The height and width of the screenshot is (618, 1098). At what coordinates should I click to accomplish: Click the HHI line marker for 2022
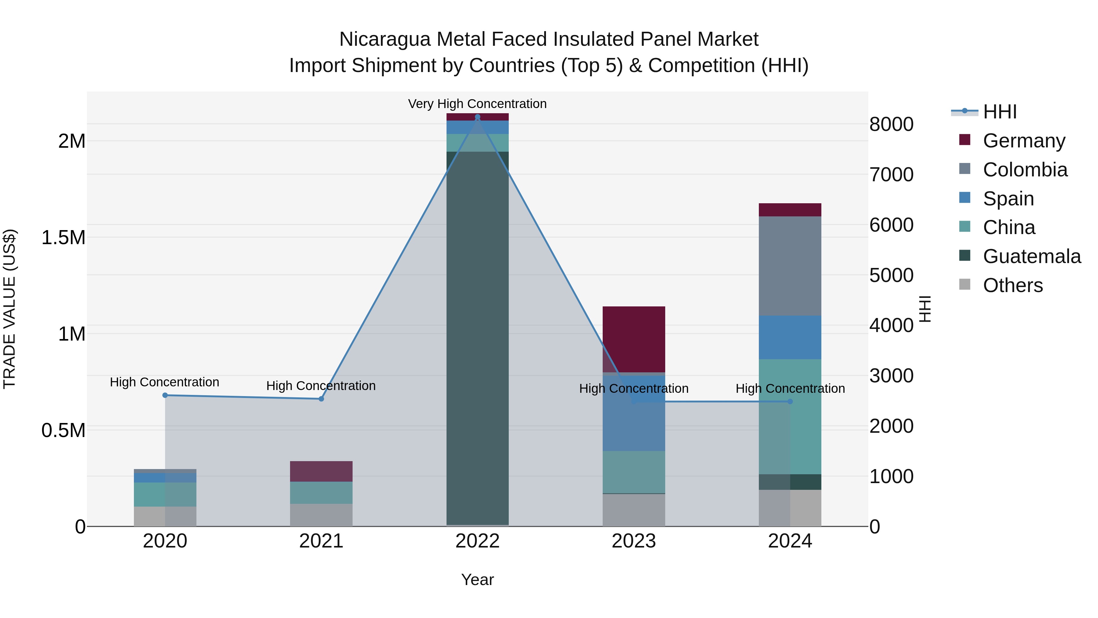click(x=477, y=117)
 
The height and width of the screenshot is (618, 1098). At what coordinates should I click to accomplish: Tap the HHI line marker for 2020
click(x=165, y=395)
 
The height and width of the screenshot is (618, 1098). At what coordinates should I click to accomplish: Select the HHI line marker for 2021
click(x=321, y=399)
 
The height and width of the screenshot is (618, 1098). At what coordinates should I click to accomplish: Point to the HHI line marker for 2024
click(x=790, y=401)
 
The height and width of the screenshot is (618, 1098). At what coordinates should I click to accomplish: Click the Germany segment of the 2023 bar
click(x=634, y=339)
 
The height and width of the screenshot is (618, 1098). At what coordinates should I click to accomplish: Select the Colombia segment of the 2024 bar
click(x=790, y=266)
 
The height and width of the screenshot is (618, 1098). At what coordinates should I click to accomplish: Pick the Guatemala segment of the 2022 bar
click(x=477, y=337)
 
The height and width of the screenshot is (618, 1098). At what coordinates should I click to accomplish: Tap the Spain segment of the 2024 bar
click(x=790, y=337)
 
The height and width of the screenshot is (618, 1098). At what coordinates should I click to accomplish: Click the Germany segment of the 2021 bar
click(x=321, y=471)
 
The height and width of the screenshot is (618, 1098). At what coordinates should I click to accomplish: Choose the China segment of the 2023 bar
click(x=634, y=472)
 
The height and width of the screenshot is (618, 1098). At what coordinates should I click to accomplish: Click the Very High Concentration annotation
click(x=477, y=104)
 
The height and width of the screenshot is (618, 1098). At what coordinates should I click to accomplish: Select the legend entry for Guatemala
click(x=1032, y=256)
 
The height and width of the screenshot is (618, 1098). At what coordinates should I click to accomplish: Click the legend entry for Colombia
click(x=1025, y=170)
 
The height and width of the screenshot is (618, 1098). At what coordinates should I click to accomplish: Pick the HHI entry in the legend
click(x=999, y=112)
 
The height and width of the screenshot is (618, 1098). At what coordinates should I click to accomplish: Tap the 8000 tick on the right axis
click(x=891, y=124)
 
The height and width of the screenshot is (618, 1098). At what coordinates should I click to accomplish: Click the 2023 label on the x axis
click(x=634, y=541)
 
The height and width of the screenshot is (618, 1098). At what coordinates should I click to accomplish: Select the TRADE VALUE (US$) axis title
click(x=9, y=309)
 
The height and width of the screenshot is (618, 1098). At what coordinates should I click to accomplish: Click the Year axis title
click(x=477, y=580)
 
